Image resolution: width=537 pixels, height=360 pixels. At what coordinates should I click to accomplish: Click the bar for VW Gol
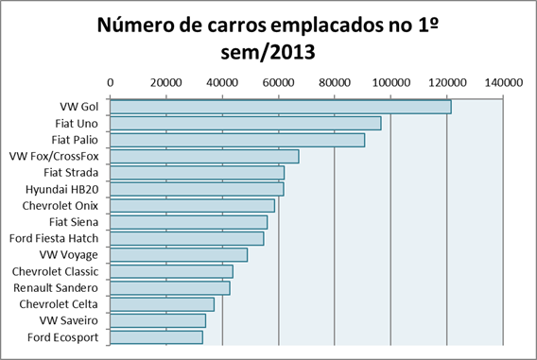(281, 107)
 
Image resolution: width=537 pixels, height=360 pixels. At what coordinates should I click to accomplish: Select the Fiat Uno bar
(246, 123)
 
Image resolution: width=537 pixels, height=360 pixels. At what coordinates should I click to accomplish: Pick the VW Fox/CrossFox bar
(204, 156)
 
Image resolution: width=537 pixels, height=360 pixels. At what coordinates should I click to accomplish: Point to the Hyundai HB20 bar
(197, 189)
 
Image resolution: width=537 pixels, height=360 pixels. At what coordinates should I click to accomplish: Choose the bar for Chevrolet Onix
(193, 205)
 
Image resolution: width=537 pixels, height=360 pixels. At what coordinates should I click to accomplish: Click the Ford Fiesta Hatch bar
(187, 238)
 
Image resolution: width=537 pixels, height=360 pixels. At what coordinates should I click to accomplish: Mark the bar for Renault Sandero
(170, 287)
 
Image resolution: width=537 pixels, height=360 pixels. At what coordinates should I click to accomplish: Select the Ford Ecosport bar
(157, 336)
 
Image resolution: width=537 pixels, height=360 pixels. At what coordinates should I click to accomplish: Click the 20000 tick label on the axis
(166, 82)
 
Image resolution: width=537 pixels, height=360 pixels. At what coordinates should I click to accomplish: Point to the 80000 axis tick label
(335, 82)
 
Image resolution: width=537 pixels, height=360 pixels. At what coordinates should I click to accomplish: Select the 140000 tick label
(503, 82)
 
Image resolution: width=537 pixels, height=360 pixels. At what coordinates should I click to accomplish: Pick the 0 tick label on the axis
(111, 82)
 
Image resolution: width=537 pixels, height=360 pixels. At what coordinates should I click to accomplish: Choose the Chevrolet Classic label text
(56, 271)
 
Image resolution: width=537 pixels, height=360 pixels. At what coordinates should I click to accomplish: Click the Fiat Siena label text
(73, 222)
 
